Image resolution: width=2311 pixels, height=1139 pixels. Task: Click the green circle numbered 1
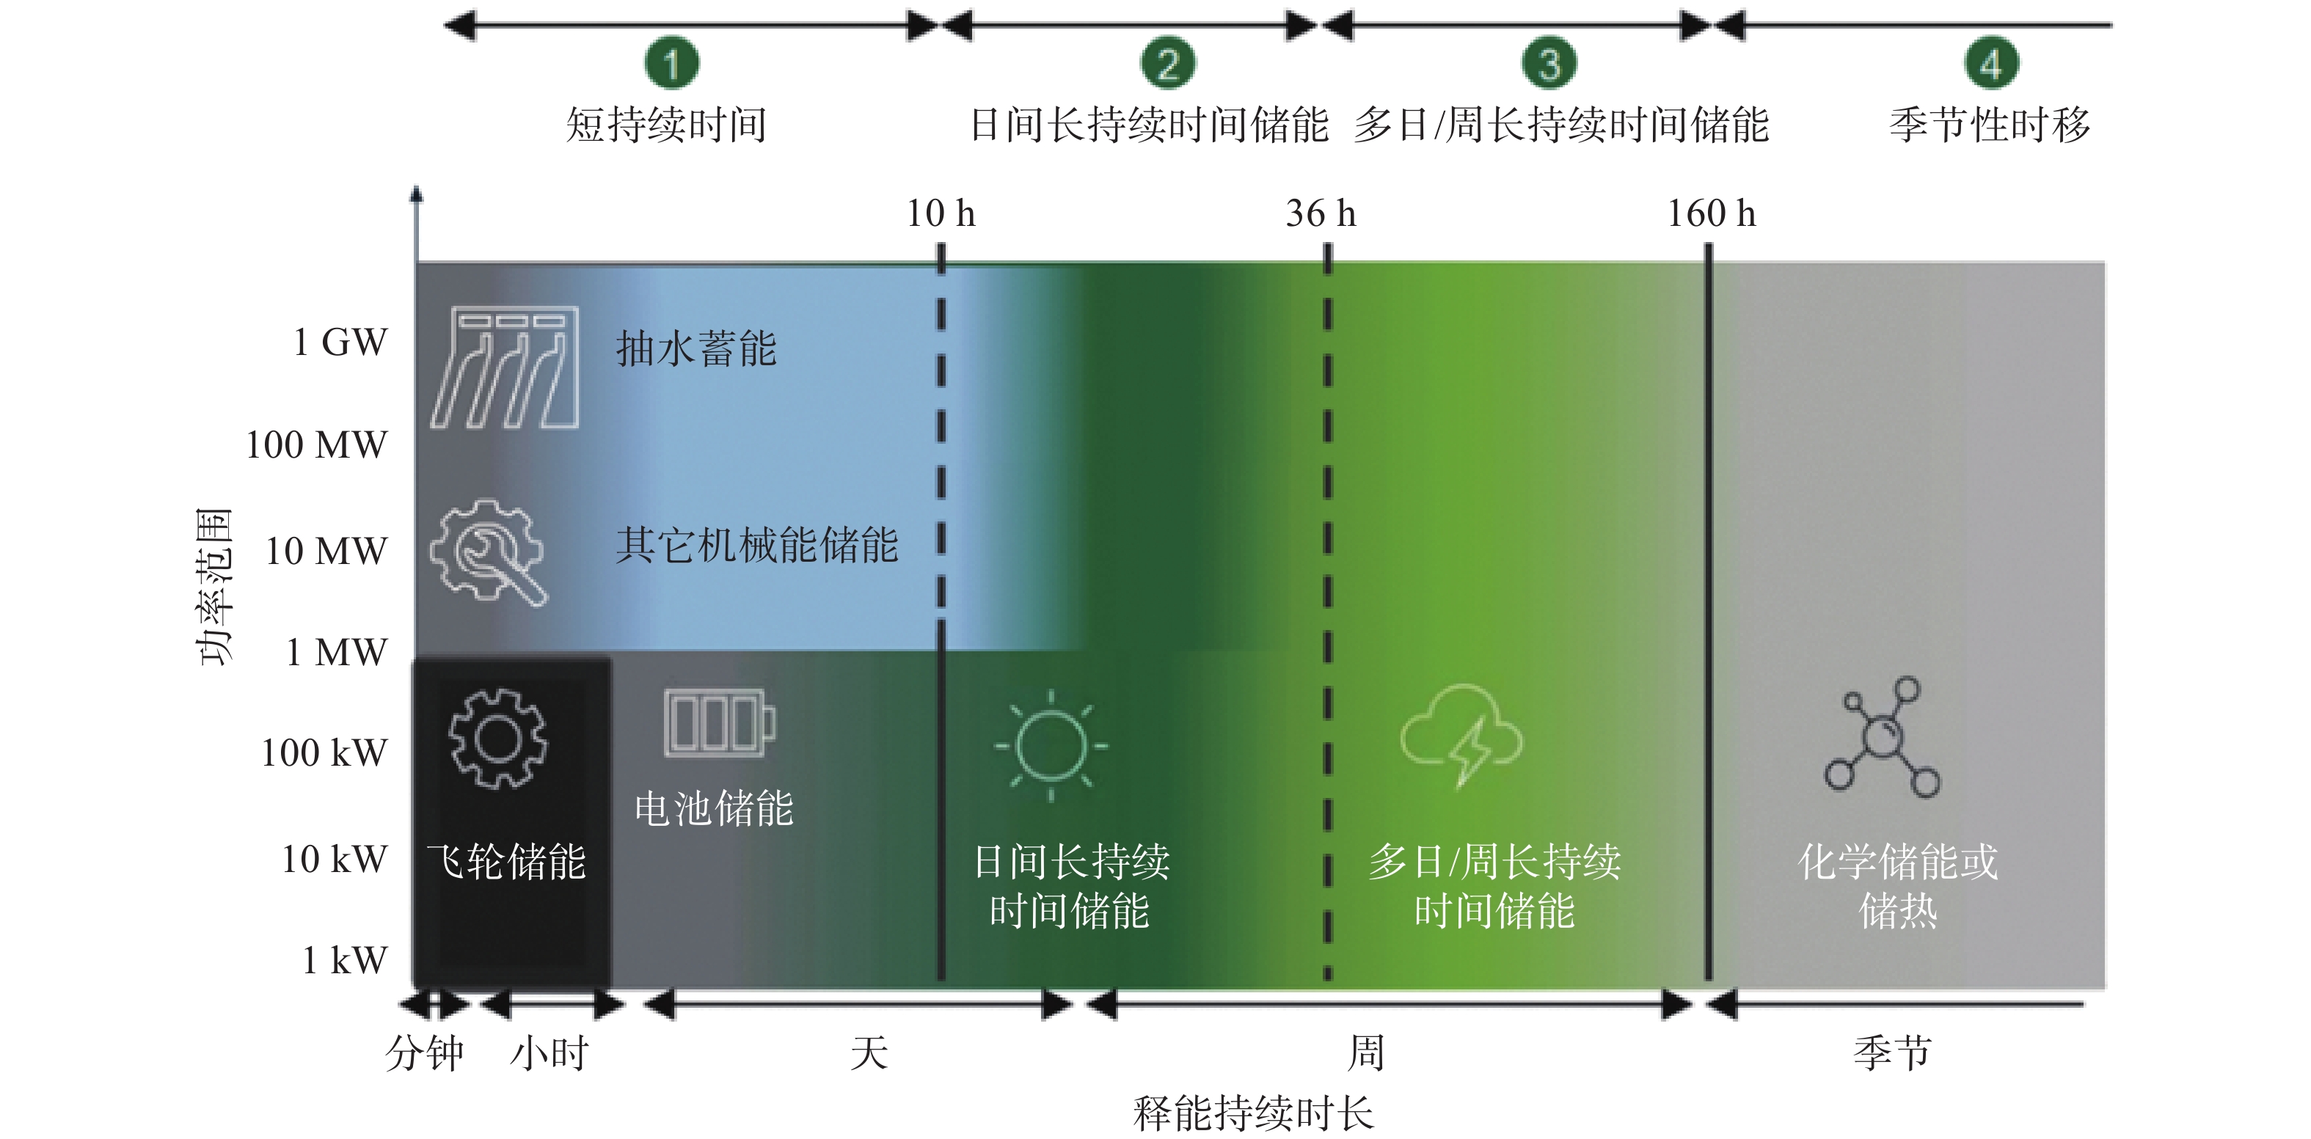pos(671,63)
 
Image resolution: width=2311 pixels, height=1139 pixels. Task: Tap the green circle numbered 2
pos(1167,63)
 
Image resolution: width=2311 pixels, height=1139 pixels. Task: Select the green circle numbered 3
pos(1549,63)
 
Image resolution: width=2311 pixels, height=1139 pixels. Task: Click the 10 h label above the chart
pos(941,213)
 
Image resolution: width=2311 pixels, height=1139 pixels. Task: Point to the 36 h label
pos(1321,213)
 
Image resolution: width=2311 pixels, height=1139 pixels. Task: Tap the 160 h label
pos(1711,213)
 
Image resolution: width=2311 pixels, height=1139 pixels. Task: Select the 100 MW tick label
pos(317,445)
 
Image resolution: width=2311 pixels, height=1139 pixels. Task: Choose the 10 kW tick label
pos(334,859)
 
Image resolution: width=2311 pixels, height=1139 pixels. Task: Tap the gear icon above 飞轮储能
pos(498,739)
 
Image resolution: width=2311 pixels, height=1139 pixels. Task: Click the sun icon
pos(1051,745)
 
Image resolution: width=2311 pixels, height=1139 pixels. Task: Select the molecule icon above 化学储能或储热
pos(1881,737)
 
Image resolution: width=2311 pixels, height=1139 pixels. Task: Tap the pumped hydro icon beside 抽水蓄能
pos(504,367)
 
